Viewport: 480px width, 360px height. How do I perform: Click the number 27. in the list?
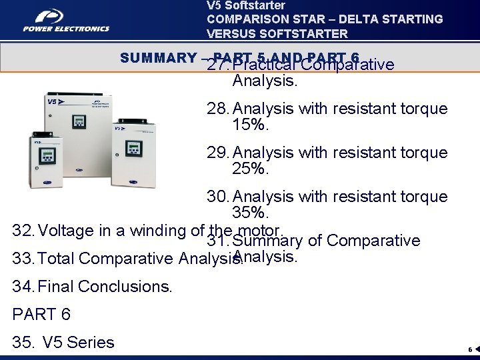pyautogui.click(x=219, y=65)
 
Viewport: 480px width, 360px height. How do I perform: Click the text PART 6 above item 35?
pyautogui.click(x=41, y=314)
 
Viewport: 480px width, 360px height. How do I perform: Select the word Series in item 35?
pyautogui.click(x=91, y=343)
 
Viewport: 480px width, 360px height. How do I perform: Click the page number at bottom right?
pyautogui.click(x=469, y=349)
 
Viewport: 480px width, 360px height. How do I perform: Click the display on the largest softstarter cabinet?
pyautogui.click(x=79, y=121)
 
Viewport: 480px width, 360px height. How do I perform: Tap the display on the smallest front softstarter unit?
pyautogui.click(x=47, y=156)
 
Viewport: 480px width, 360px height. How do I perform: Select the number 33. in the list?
pyautogui.click(x=25, y=259)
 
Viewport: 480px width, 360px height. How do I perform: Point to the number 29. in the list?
pyautogui.click(x=219, y=153)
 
